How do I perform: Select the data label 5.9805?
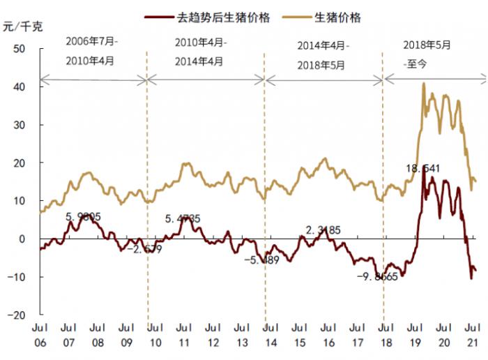click(84, 216)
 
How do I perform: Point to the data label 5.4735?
click(183, 219)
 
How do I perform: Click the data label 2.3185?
click(323, 230)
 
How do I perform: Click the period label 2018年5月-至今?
click(427, 54)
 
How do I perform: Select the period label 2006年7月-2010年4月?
click(93, 51)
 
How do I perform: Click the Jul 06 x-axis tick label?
click(39, 334)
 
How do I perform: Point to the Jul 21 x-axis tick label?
click(472, 334)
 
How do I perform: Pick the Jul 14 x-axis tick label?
click(270, 334)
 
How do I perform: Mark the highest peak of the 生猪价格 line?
click(424, 84)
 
